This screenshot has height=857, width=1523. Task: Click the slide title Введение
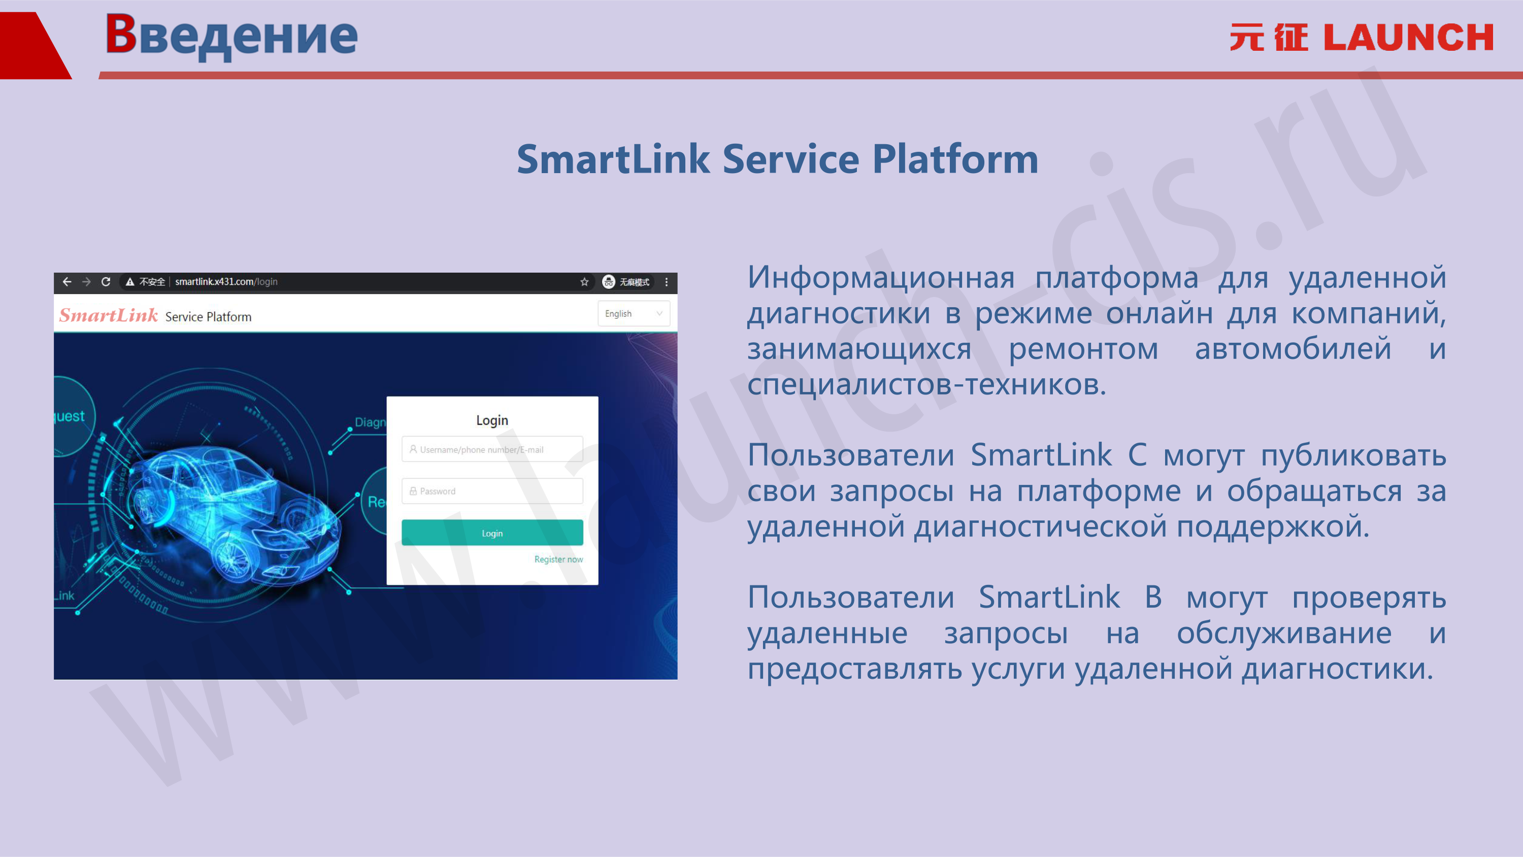(x=231, y=36)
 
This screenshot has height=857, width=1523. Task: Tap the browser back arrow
(x=67, y=282)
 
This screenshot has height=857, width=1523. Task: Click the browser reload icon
(x=106, y=282)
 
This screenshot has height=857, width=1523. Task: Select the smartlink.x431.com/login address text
(x=226, y=282)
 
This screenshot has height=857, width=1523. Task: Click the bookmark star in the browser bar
(x=584, y=282)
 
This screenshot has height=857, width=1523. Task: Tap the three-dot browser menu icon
(x=666, y=282)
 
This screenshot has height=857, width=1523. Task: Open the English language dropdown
(x=634, y=313)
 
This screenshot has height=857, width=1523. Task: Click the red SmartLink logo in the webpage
(x=108, y=315)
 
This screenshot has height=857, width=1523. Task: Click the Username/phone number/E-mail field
(x=492, y=449)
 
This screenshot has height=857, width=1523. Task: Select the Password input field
(x=492, y=491)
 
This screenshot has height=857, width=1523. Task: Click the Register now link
(x=558, y=559)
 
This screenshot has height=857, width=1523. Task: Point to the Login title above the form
(x=492, y=420)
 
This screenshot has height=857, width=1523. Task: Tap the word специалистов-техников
(x=926, y=385)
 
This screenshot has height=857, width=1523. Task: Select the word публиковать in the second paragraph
(x=1353, y=456)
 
